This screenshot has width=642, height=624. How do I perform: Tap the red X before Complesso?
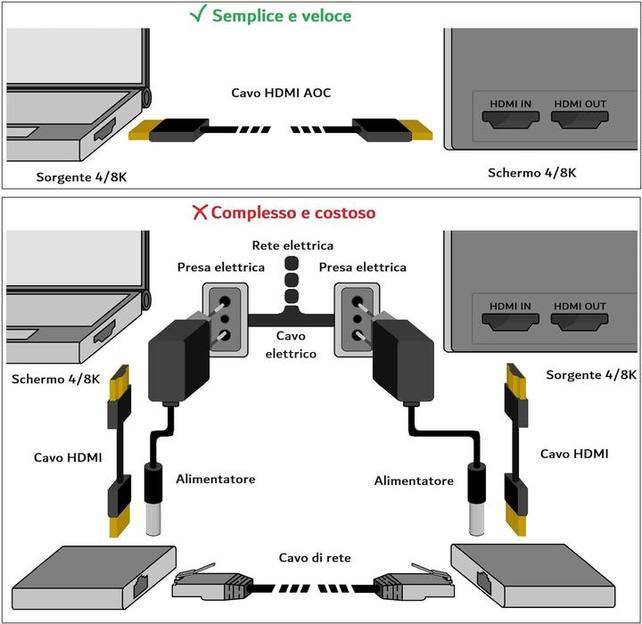[200, 213]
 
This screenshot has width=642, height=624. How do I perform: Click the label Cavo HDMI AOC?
[281, 93]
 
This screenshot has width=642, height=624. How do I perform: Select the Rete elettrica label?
[292, 245]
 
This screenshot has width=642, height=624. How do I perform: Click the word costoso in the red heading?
[343, 213]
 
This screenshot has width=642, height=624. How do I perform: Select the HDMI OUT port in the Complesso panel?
[580, 317]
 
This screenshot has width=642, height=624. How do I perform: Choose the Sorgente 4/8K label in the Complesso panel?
[585, 375]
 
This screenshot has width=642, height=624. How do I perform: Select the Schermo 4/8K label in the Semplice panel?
[532, 172]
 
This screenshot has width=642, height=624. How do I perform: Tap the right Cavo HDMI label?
[574, 454]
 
